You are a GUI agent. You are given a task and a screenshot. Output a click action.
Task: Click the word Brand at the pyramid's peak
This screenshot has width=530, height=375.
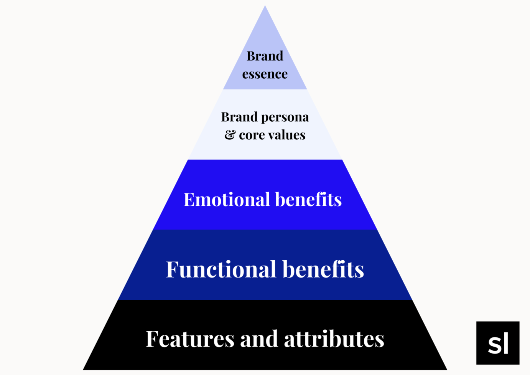tap(265, 56)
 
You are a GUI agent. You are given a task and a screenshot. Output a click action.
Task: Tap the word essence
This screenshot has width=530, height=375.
tap(265, 74)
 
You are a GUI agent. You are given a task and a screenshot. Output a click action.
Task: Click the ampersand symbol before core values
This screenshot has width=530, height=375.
tap(230, 135)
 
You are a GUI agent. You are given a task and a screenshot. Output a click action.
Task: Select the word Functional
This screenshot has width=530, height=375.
tap(221, 269)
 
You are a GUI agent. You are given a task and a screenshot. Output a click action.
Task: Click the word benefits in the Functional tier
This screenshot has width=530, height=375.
tap(323, 269)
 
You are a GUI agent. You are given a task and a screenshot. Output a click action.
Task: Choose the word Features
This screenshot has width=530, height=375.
tap(190, 339)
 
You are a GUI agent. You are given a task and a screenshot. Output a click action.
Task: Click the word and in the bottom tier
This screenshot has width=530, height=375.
tap(259, 339)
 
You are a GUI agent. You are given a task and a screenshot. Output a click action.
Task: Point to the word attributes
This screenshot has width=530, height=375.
tap(334, 339)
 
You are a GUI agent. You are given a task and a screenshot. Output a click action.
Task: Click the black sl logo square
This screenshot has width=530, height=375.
tap(498, 343)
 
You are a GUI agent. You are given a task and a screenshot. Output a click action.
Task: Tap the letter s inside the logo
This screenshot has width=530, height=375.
tap(495, 346)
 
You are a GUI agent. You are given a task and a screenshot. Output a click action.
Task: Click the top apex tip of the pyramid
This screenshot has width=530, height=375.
tap(265, 7)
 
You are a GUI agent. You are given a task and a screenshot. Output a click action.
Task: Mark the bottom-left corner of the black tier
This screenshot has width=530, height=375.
tap(84, 369)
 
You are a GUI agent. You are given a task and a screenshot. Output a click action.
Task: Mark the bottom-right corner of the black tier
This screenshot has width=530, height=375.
tap(446, 369)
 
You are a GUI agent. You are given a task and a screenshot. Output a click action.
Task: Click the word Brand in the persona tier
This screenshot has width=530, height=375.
tap(239, 117)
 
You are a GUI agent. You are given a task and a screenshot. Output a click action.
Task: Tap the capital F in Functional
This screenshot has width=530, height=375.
tap(173, 269)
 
